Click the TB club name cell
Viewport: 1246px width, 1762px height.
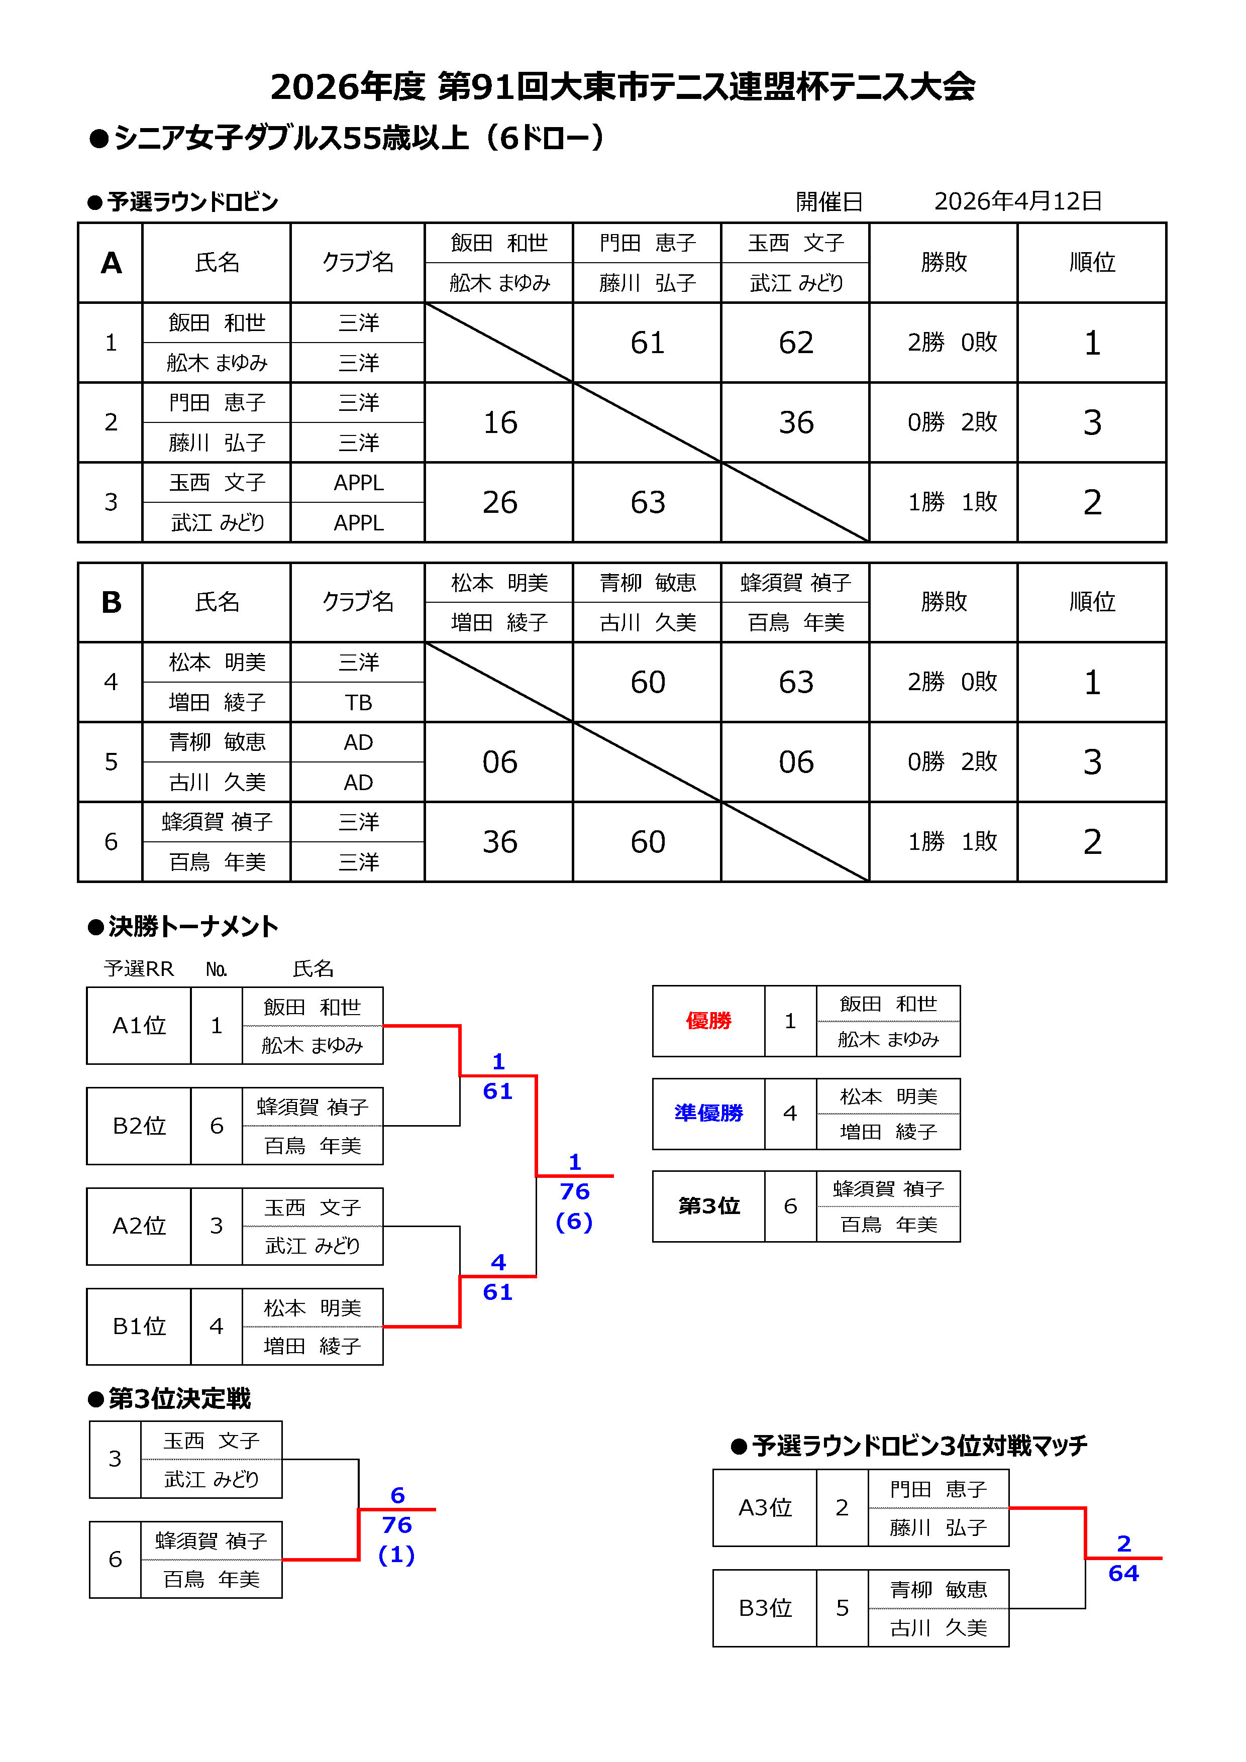(x=358, y=702)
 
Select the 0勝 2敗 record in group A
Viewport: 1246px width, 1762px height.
(x=952, y=422)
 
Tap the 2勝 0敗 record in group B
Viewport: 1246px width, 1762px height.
(x=952, y=682)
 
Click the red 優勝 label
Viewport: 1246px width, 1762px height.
(x=708, y=1021)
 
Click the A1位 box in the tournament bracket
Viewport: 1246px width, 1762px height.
(x=139, y=1025)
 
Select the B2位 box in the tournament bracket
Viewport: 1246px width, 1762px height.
(x=139, y=1126)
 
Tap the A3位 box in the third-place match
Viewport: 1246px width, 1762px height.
(x=765, y=1508)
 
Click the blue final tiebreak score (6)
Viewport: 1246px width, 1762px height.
(x=574, y=1222)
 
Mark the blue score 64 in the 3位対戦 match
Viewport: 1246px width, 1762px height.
(x=1123, y=1573)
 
